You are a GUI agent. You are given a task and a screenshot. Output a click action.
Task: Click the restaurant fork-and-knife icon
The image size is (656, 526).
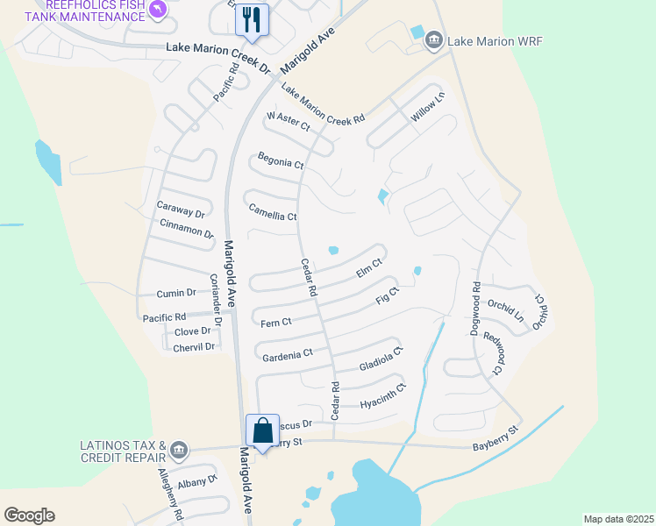[x=253, y=20]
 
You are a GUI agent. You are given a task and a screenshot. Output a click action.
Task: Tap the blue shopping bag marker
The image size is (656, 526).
[x=262, y=430]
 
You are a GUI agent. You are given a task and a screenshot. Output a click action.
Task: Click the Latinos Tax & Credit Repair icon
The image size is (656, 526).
[x=180, y=450]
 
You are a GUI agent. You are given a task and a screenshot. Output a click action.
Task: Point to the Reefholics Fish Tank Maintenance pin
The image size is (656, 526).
[x=158, y=10]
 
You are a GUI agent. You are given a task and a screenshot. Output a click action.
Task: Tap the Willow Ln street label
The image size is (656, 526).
[x=423, y=110]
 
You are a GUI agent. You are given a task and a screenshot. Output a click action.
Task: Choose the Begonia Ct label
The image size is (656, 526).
[x=281, y=161]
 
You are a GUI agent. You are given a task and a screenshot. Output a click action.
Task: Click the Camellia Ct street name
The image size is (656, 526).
[x=273, y=213]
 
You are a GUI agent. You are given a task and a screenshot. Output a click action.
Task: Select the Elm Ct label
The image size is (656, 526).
[x=369, y=267]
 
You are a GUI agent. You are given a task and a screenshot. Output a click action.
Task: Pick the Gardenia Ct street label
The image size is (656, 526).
[x=288, y=355]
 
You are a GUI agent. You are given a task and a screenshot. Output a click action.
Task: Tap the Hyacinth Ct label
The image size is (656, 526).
[x=383, y=397]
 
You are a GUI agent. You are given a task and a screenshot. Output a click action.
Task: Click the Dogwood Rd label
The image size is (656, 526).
[x=476, y=299]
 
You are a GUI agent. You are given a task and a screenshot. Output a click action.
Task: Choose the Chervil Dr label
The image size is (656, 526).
[x=194, y=347]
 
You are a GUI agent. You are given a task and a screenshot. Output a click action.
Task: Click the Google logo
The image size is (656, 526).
[x=29, y=515]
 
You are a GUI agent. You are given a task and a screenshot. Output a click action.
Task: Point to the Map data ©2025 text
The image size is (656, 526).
[x=617, y=518]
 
